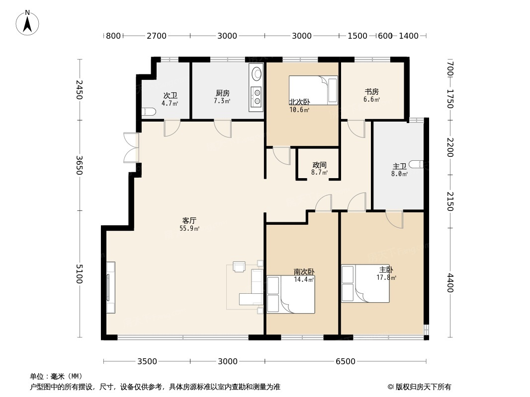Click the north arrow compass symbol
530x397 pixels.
coord(27,23)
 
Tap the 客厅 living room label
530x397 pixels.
coord(189,221)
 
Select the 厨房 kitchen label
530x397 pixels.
coord(222,93)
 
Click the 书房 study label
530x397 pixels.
coord(371,91)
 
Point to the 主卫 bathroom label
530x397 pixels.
coord(400,166)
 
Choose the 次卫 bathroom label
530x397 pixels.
coord(171,96)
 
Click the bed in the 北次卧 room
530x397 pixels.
coord(313,90)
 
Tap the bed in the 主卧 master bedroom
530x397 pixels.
coord(365,283)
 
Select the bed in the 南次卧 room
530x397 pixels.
coord(291,294)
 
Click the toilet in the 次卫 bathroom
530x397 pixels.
coord(148,111)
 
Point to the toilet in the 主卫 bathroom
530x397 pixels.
coord(416,164)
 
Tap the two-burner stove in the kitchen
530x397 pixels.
coord(257,96)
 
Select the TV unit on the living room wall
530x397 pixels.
coord(110,287)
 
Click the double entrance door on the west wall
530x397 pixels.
coord(131,148)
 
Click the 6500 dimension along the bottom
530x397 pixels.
coord(346,362)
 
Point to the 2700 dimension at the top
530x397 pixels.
coord(157,36)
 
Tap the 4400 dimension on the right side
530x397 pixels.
coord(450,283)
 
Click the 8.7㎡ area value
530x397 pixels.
coord(319,172)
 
